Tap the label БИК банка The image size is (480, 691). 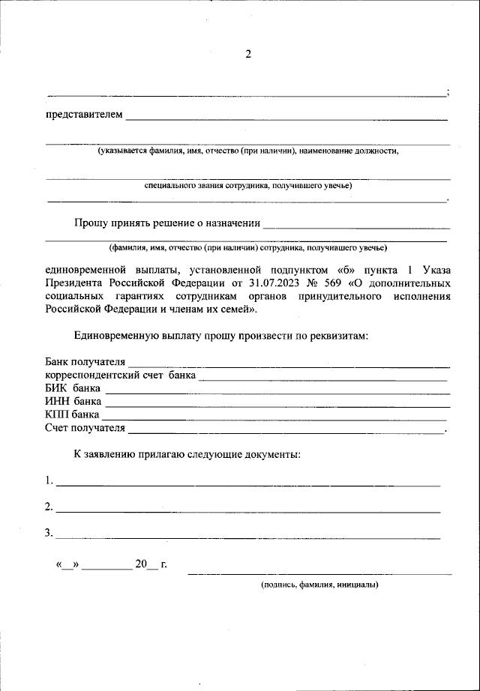tap(72, 388)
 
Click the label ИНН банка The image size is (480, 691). tap(73, 402)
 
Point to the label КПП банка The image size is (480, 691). tap(72, 414)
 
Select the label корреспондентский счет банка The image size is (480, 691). tap(119, 375)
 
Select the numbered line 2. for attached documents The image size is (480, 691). tap(247, 511)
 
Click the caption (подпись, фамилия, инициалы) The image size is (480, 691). tap(319, 585)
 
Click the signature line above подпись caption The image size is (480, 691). tap(319, 574)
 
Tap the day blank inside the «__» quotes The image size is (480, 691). tap(67, 565)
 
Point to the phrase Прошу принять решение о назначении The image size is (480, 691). tap(166, 223)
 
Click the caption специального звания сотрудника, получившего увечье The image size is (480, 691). tap(247, 186)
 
